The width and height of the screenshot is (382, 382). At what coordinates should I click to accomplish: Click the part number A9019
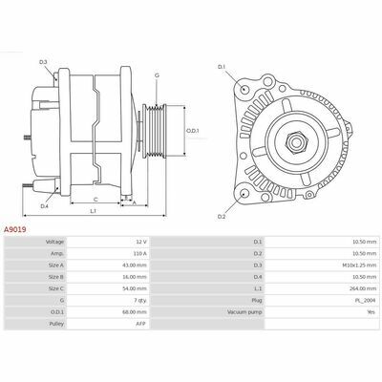click(15, 229)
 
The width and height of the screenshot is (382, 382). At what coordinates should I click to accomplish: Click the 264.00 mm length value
click(365, 288)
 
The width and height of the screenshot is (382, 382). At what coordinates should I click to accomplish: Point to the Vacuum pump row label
click(244, 312)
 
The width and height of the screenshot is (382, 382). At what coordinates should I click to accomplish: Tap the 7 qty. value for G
click(139, 300)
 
